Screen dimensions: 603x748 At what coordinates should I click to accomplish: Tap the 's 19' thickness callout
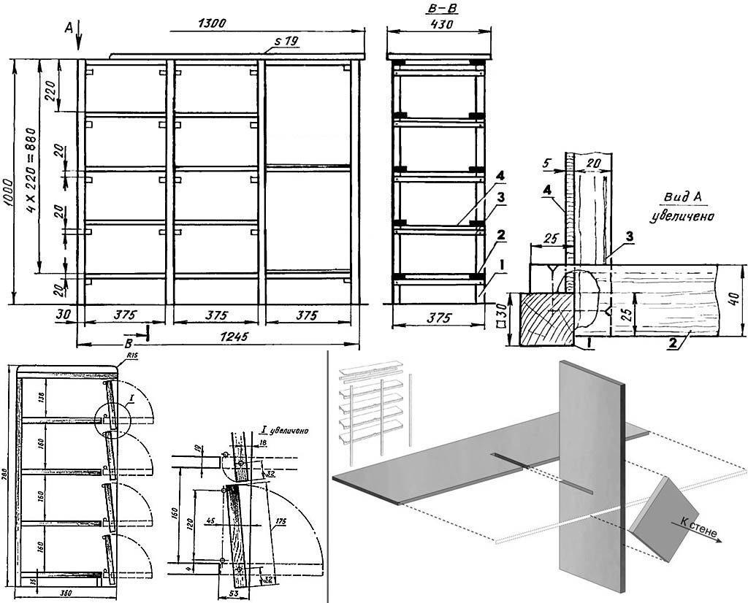[x=286, y=42]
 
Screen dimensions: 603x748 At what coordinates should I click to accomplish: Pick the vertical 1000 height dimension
[x=11, y=183]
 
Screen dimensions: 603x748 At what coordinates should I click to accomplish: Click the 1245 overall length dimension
[x=232, y=337]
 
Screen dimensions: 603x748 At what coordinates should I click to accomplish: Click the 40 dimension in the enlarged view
[x=736, y=299]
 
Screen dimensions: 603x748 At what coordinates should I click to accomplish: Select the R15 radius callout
[x=132, y=356]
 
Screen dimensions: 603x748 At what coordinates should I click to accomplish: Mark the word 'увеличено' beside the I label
[x=287, y=431]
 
